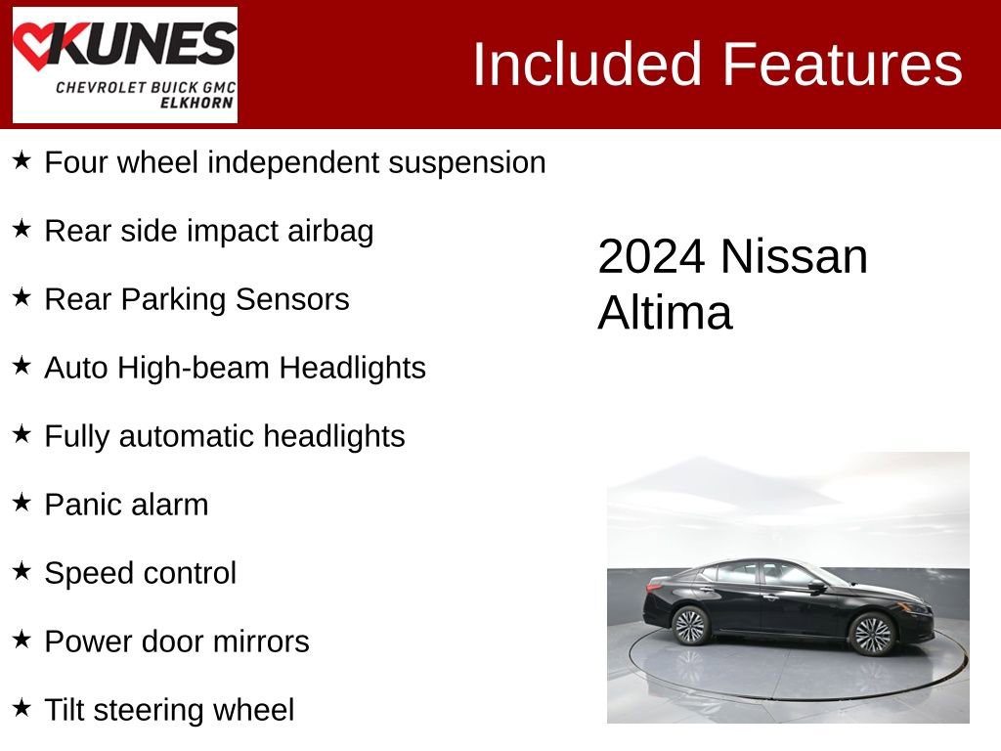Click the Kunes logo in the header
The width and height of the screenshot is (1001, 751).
[x=124, y=65]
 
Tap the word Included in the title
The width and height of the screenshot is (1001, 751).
[x=588, y=65]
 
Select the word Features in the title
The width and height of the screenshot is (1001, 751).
[x=843, y=65]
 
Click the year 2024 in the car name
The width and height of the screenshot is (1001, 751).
[x=651, y=256]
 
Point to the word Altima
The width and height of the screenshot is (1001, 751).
[x=665, y=313]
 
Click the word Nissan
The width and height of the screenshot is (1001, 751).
[x=794, y=256]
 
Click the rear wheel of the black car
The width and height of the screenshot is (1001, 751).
[x=691, y=625]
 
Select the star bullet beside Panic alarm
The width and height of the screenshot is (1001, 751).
[x=22, y=503]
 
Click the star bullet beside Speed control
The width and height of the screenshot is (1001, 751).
[x=22, y=571]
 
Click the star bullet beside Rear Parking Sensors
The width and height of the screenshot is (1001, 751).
[x=22, y=297]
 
